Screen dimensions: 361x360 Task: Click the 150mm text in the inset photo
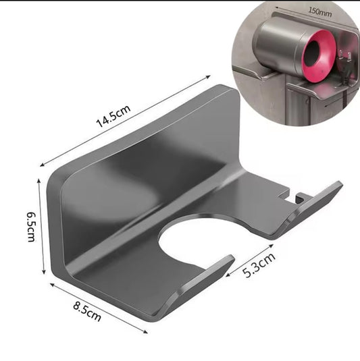coord(318,11)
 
